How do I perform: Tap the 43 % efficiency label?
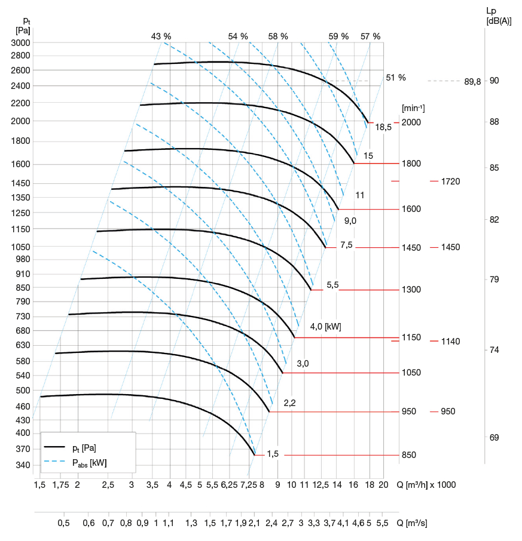(160, 36)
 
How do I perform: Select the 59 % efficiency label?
(338, 36)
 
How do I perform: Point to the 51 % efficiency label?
(396, 78)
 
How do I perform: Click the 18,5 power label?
(383, 127)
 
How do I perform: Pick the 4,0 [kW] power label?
(325, 327)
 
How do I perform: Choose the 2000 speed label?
(411, 122)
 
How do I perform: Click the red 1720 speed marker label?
(450, 181)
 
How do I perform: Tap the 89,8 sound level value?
(472, 81)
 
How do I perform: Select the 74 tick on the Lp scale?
(494, 350)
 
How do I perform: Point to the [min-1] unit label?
(413, 108)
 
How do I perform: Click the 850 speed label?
(409, 455)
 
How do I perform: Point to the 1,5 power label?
(273, 454)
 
